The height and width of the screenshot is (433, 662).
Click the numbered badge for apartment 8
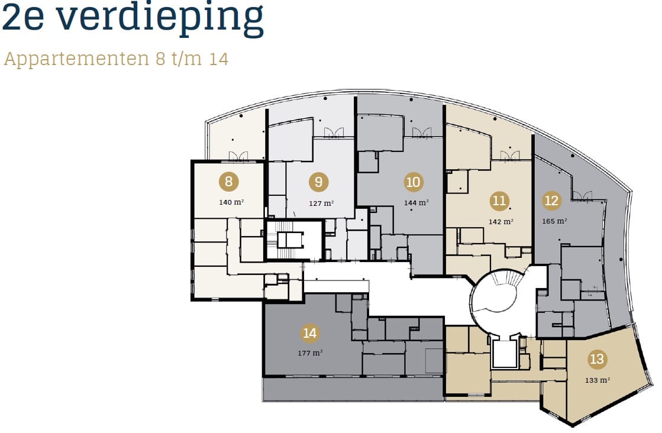click(229, 182)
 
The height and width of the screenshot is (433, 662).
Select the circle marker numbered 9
click(318, 182)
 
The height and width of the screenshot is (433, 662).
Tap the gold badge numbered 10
click(413, 182)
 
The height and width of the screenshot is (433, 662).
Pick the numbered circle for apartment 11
click(500, 201)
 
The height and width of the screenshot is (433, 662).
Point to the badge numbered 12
click(551, 201)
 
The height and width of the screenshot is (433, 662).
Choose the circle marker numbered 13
click(597, 359)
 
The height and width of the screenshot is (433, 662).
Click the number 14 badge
click(309, 334)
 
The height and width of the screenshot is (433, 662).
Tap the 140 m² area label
click(231, 202)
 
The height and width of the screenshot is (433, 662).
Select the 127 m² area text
click(321, 203)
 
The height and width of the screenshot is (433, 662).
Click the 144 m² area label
click(416, 202)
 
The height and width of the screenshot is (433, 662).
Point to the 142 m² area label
click(500, 222)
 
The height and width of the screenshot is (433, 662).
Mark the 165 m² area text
click(554, 221)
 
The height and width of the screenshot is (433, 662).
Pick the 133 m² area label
click(598, 380)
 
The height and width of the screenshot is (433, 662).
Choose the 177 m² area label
click(310, 353)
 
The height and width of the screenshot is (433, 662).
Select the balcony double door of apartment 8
click(239, 156)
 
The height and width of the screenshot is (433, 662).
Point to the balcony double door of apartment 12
click(582, 196)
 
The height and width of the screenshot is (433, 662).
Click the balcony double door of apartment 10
click(422, 133)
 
